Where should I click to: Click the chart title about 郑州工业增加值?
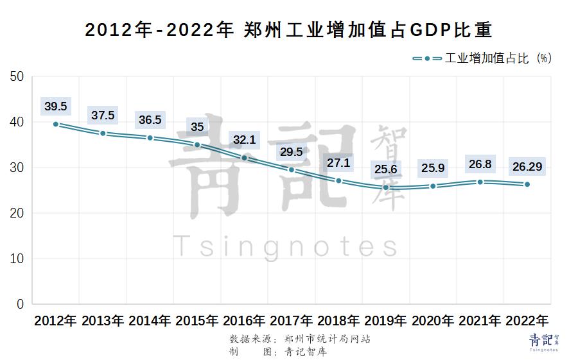click(x=284, y=30)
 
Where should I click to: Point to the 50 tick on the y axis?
click(x=17, y=77)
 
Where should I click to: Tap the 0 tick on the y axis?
click(x=20, y=304)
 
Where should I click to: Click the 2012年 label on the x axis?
click(x=56, y=320)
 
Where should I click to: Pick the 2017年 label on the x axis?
click(x=292, y=320)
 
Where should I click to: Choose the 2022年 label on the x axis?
click(x=527, y=320)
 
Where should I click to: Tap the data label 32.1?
click(x=245, y=139)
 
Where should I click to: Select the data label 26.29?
click(x=527, y=166)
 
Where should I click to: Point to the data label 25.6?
click(x=386, y=169)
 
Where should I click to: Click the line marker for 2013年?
click(x=103, y=133)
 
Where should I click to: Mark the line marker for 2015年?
click(x=197, y=145)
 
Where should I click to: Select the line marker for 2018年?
click(x=338, y=181)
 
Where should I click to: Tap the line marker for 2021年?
click(x=480, y=182)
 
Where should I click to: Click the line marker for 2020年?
click(x=433, y=186)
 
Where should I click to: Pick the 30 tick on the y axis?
click(x=17, y=167)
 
